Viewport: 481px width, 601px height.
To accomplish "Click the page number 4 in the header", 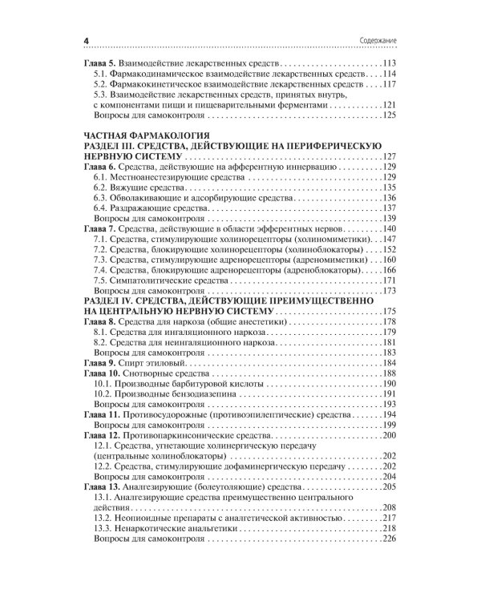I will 87,41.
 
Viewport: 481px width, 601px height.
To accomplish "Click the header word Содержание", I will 376,41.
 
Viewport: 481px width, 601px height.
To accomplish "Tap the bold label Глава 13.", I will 103,487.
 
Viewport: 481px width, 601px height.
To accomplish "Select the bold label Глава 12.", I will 103,435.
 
